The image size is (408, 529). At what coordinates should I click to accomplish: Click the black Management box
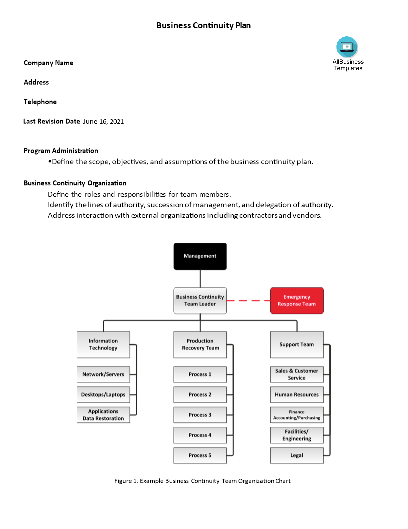point(200,256)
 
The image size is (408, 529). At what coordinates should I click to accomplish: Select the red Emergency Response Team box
point(297,300)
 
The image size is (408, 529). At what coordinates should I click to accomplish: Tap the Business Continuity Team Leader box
point(200,300)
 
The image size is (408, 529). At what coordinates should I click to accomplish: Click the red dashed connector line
point(248,300)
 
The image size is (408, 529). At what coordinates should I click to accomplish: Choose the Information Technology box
point(103,344)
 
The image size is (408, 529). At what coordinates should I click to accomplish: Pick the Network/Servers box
point(103,374)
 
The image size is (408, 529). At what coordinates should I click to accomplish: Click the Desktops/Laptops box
point(103,394)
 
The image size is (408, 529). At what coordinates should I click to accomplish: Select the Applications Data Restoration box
point(103,415)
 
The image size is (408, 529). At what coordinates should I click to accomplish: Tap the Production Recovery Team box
point(200,344)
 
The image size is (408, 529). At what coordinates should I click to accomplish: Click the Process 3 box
point(200,415)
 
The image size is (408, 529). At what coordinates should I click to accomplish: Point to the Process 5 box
point(200,455)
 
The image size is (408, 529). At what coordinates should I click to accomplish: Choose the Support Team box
point(297,344)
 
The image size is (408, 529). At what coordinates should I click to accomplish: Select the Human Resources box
point(297,394)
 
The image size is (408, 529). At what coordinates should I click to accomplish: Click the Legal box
point(297,455)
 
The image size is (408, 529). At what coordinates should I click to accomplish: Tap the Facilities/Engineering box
point(297,435)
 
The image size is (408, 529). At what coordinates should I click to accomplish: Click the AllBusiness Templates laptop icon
point(347,47)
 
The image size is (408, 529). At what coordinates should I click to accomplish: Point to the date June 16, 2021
point(103,121)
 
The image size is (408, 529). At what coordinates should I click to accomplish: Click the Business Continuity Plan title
point(204,25)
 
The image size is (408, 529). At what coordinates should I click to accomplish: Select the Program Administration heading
point(61,151)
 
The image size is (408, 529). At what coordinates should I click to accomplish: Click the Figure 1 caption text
point(202,481)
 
